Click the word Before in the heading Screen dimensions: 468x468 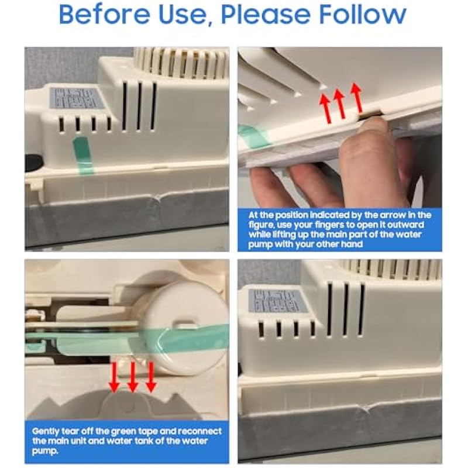coord(105,14)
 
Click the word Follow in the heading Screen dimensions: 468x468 coord(363,14)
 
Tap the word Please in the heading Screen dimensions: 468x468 coord(266,14)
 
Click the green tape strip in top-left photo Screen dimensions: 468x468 coord(82,155)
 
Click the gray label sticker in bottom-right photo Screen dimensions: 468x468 coord(274,301)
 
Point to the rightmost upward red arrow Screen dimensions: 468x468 coord(357,98)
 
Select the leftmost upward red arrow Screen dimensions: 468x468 coord(325,108)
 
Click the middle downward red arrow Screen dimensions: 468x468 coord(133,377)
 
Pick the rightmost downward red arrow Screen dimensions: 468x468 coord(151,377)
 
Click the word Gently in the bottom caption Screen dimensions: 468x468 coord(46,432)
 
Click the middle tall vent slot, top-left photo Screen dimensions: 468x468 coord(139,106)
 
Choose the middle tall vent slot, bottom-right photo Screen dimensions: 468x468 coord(346,309)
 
